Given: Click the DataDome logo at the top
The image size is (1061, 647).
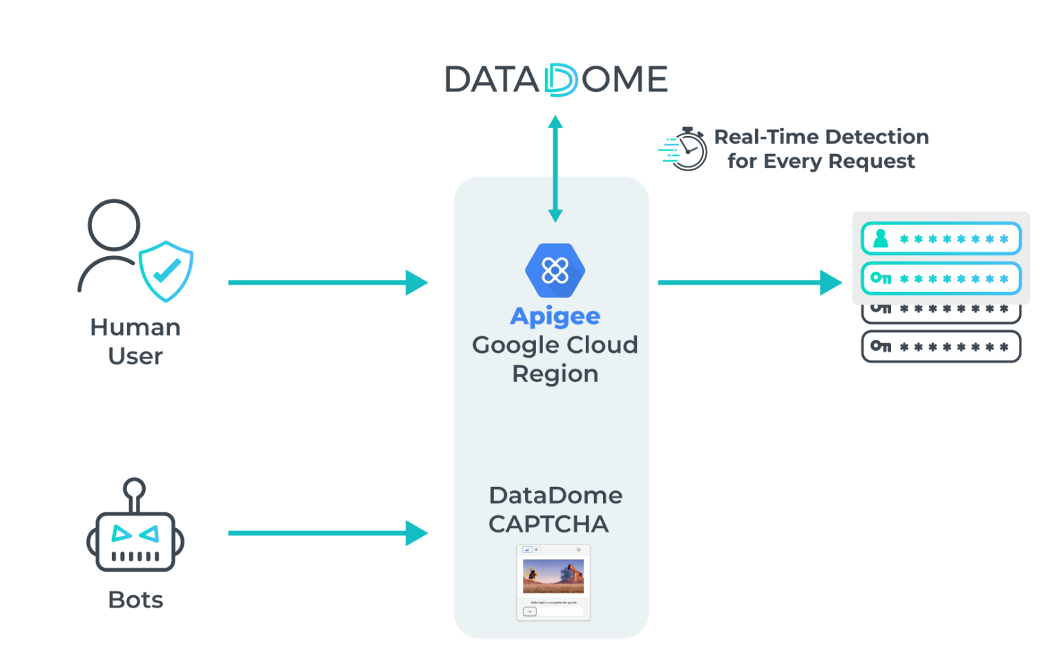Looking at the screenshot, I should coord(556,79).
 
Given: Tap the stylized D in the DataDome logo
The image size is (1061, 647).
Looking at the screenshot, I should coord(560,79).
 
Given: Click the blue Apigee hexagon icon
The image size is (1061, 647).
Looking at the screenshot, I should coord(555,270).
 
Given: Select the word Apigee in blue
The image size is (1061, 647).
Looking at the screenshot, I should coord(555,316).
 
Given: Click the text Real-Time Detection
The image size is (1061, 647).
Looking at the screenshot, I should coord(821,137).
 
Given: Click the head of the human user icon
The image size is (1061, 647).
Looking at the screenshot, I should coord(114,225).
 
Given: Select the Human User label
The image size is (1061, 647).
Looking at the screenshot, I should coord(135,341).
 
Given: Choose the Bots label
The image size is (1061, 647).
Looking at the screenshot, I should coord(135,599).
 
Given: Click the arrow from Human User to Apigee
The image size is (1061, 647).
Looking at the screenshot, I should coord(327,282).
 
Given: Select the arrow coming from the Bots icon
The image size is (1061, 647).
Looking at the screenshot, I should coord(327,533).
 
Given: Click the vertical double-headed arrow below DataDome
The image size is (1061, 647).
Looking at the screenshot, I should coord(555,168).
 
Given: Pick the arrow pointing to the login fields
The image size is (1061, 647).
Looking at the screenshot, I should coord(749,282).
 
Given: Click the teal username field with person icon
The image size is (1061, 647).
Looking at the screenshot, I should coord(941,239).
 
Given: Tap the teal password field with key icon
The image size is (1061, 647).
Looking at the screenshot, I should coord(941,278).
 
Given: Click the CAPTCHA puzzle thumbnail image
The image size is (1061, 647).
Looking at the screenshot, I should coord(553,577).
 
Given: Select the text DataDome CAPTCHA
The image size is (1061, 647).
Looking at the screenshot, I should coord(555,510).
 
